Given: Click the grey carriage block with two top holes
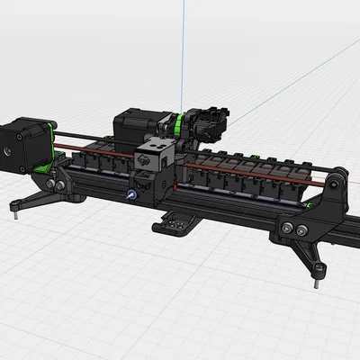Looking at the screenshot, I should click(156, 158).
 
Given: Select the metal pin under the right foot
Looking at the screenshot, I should click(316, 278).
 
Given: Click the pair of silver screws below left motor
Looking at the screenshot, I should click(58, 186).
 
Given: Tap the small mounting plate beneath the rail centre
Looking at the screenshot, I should click(184, 220).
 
